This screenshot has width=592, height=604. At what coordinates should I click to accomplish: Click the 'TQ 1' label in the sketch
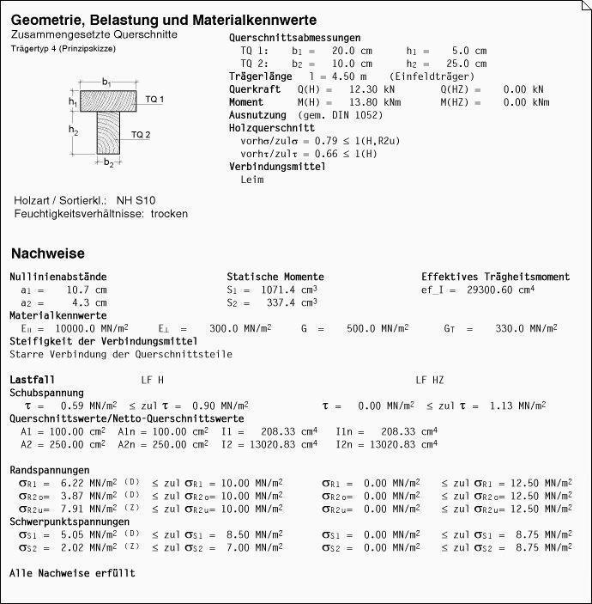(x=154, y=100)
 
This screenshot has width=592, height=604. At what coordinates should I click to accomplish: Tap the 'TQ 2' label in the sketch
(x=141, y=135)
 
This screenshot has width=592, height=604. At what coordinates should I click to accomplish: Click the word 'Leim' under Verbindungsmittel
(x=252, y=180)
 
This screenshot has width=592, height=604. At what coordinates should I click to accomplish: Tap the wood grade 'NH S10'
(x=136, y=200)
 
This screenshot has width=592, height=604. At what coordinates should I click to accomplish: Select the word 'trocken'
(x=169, y=213)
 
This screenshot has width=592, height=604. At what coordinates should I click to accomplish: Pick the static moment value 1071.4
(x=284, y=290)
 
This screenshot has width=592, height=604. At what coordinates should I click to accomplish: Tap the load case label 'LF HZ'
(x=430, y=380)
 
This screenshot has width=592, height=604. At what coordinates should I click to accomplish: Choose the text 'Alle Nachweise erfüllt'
(x=72, y=572)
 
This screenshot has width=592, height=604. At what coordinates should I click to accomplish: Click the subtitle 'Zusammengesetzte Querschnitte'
(x=94, y=34)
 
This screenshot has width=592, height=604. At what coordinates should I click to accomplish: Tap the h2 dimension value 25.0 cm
(x=469, y=63)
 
